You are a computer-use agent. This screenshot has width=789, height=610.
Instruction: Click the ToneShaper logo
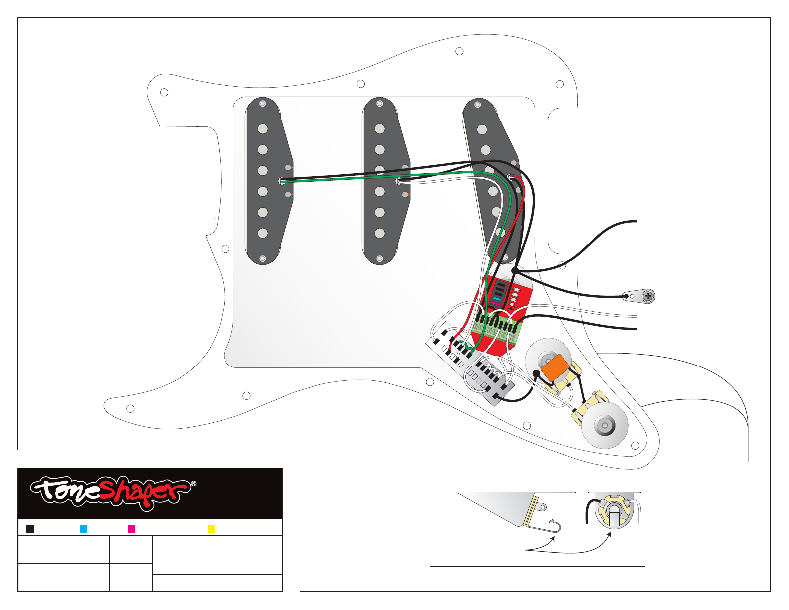[x=113, y=492]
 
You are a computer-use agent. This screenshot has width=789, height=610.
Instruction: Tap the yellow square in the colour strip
[x=212, y=529]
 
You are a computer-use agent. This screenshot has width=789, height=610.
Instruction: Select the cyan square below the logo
[x=83, y=529]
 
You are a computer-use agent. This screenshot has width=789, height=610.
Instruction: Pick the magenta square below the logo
[x=131, y=529]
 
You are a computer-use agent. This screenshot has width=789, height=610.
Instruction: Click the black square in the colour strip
[x=30, y=529]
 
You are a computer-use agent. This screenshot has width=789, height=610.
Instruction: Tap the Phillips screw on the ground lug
[x=648, y=296]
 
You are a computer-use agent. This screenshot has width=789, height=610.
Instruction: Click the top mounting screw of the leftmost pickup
[x=263, y=104]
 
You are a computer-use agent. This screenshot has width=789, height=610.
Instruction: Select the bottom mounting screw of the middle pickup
[x=380, y=259]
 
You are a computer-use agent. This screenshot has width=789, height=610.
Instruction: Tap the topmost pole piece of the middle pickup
[x=380, y=129]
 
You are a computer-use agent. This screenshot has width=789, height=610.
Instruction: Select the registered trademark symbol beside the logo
[x=194, y=484]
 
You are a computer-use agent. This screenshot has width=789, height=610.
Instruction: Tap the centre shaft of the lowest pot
[x=604, y=425]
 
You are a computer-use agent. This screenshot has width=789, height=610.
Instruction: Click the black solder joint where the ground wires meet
[x=515, y=271]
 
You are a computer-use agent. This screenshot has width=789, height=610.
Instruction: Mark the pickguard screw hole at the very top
[x=459, y=52]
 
